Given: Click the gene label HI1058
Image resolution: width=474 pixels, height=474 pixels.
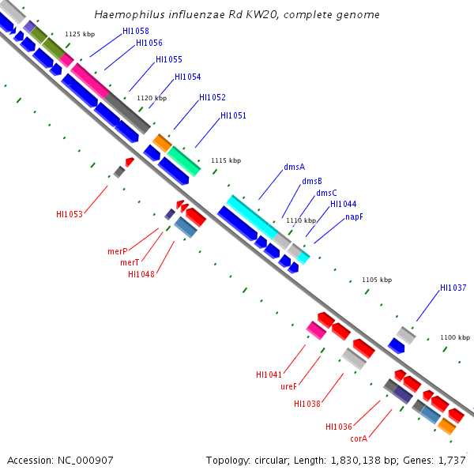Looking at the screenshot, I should click(135, 31).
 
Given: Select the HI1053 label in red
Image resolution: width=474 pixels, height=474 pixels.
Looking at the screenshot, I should click(70, 214).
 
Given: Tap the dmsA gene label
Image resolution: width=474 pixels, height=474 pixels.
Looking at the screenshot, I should click(294, 167).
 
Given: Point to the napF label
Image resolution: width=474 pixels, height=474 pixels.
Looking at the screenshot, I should click(354, 216).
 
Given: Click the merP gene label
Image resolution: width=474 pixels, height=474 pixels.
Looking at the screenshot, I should click(118, 251).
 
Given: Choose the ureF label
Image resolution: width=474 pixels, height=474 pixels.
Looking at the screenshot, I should click(288, 386).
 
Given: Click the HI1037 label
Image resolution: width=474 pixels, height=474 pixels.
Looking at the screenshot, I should click(453, 288).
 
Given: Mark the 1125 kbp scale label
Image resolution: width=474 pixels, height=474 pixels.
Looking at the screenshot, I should click(80, 34).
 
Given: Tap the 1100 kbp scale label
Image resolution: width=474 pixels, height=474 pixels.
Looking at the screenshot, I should click(454, 337).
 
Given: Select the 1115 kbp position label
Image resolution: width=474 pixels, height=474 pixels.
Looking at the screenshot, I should click(225, 160).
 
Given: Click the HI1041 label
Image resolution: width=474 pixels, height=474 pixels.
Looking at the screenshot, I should click(269, 374).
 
